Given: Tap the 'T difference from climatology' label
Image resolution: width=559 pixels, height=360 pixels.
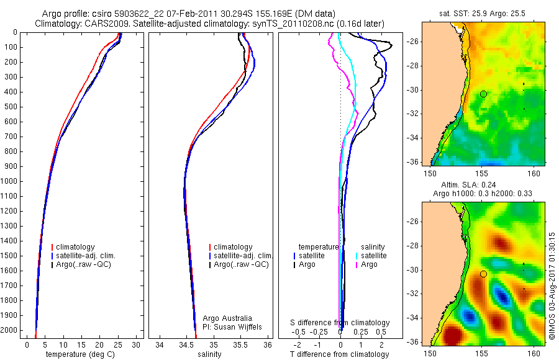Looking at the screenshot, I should (x=339, y=354).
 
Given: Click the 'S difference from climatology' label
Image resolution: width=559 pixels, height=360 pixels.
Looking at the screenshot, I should (x=340, y=323).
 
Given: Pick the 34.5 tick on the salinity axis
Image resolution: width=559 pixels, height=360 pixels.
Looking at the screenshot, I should (x=187, y=344).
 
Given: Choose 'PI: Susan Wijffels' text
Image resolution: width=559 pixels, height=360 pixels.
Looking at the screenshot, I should (x=233, y=326).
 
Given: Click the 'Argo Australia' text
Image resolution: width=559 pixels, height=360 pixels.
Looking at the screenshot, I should (x=227, y=318).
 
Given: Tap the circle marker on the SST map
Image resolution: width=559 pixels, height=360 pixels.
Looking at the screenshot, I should (x=483, y=94).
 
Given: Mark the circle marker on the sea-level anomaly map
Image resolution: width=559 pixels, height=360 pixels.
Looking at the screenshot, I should (x=483, y=274).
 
